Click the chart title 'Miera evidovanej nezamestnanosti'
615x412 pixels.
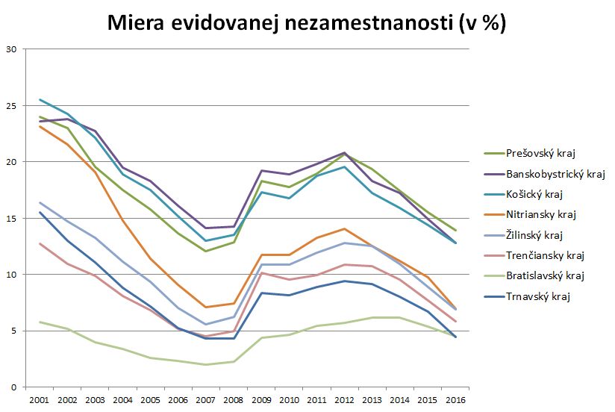[x=307, y=23]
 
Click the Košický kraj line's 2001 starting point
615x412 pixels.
[x=40, y=99]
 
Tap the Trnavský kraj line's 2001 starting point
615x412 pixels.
[x=40, y=212]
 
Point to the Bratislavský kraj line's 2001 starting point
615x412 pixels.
[x=40, y=322]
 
